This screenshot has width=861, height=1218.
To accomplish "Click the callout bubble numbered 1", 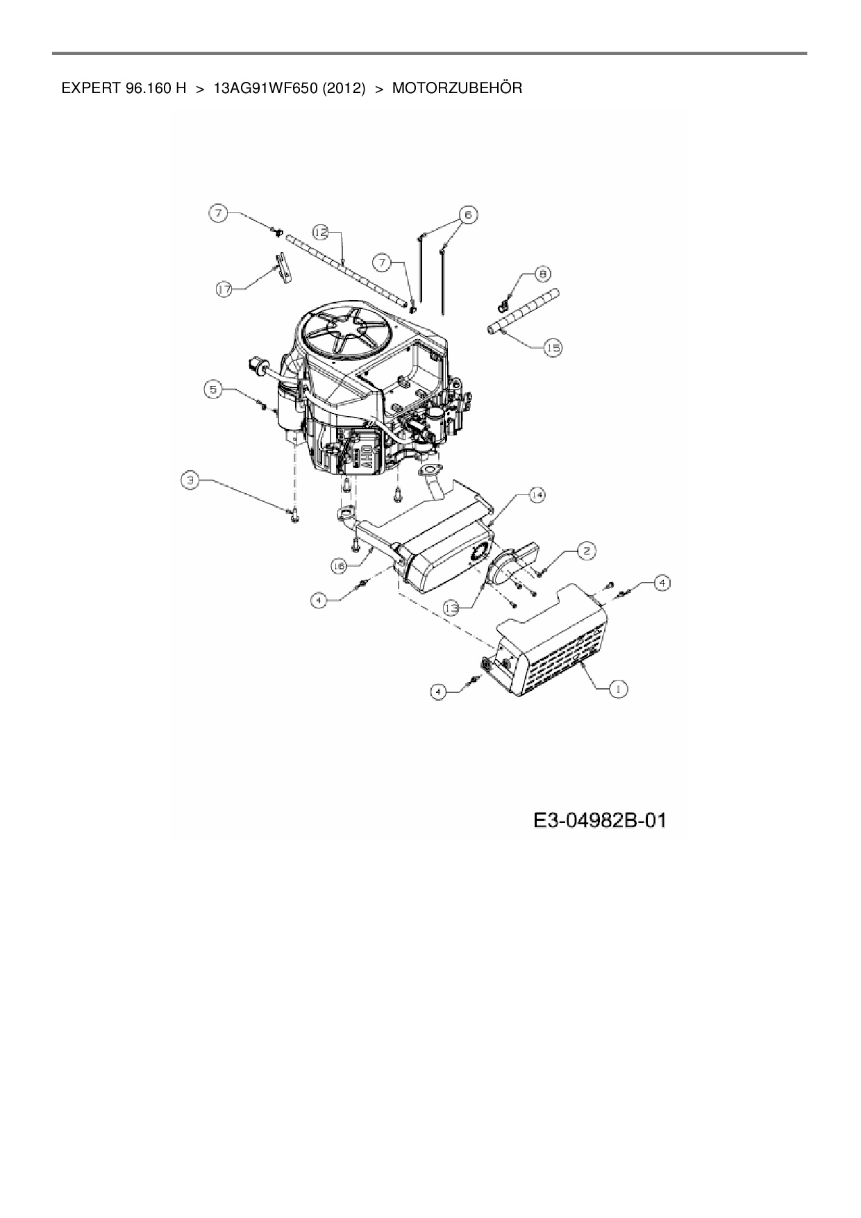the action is pyautogui.click(x=617, y=688).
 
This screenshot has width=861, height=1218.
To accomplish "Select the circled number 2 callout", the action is pyautogui.click(x=587, y=551).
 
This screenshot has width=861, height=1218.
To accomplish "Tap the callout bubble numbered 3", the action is pyautogui.click(x=190, y=478).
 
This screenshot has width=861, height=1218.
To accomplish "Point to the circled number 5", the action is pyautogui.click(x=213, y=390).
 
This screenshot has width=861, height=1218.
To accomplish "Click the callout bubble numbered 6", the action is pyautogui.click(x=467, y=215).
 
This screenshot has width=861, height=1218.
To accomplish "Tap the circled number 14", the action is pyautogui.click(x=537, y=494).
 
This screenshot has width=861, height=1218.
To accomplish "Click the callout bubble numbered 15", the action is pyautogui.click(x=553, y=349).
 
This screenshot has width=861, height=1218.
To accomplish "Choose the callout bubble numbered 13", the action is pyautogui.click(x=452, y=608).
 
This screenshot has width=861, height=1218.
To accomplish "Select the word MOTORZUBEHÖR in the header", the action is pyautogui.click(x=457, y=89).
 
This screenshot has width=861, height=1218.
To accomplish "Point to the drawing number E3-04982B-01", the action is pyautogui.click(x=599, y=821).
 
